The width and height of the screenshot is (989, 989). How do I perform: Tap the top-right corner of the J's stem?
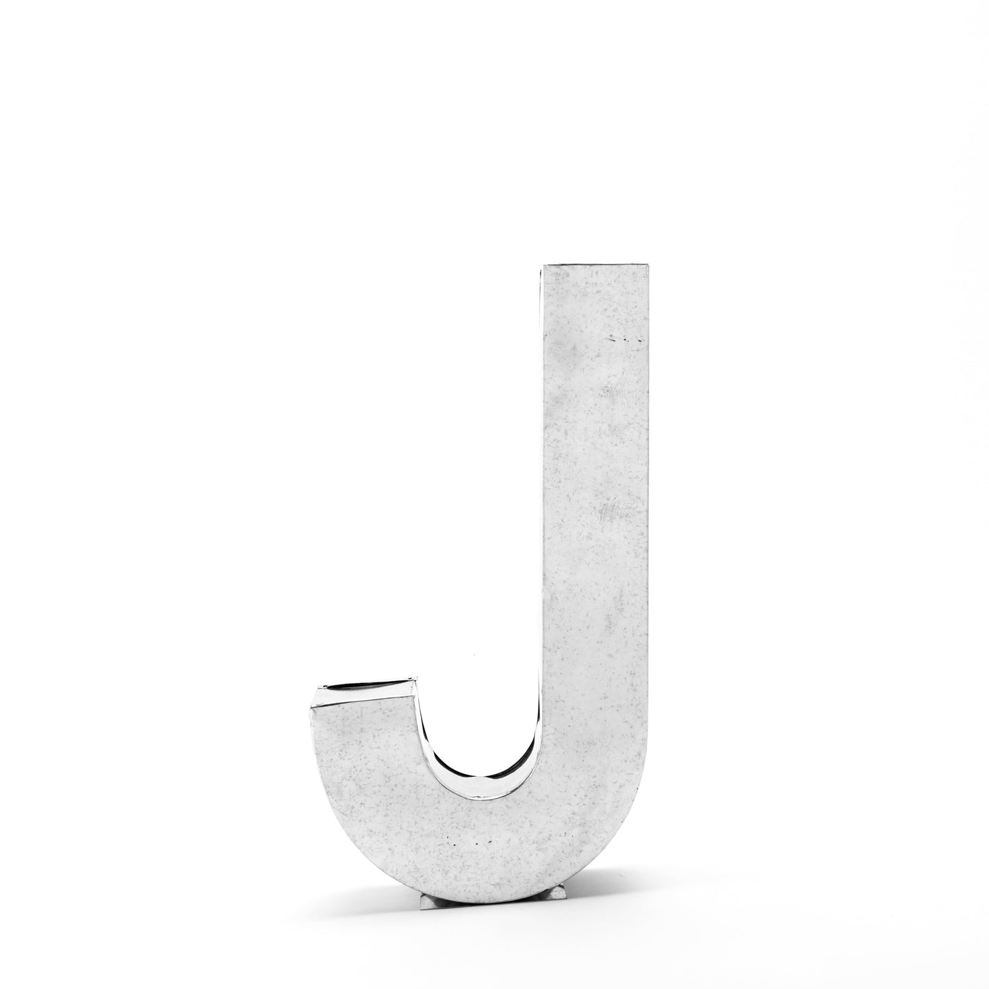click(650, 264)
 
